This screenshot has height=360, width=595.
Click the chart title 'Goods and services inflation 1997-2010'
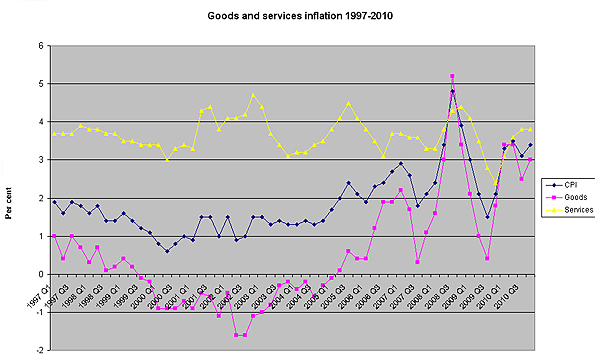(x=299, y=18)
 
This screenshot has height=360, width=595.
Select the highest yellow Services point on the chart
(x=253, y=96)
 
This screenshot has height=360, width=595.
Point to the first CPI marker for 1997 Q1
(x=54, y=202)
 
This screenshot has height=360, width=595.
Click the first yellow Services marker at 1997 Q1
(x=54, y=133)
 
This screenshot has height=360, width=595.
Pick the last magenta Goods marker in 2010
(x=530, y=160)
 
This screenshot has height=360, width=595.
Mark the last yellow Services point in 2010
(x=530, y=129)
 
